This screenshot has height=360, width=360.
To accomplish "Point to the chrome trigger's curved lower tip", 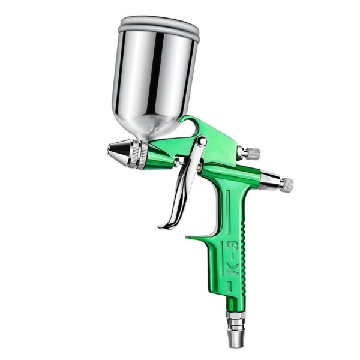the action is click(x=166, y=224).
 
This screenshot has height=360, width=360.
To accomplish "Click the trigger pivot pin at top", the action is click(x=202, y=140).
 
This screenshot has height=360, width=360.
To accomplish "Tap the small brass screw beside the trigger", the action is click(x=199, y=166).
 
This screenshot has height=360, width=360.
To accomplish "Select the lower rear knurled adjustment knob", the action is click(x=287, y=184).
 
